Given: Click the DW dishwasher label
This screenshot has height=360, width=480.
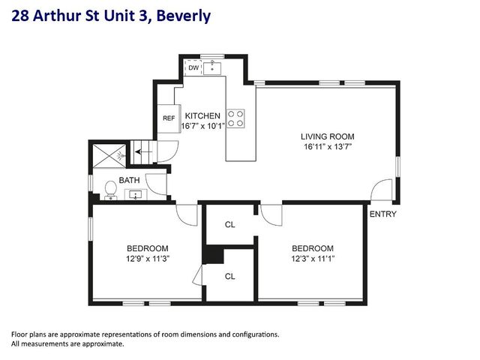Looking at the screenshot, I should tap(193, 68).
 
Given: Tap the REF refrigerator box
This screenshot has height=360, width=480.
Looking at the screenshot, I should tap(169, 118).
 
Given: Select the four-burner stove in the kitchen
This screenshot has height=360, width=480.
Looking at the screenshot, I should tap(235, 118).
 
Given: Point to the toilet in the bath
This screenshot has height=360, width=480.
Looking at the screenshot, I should tap(111, 189).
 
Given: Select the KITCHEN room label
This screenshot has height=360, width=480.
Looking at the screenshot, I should tap(202, 116).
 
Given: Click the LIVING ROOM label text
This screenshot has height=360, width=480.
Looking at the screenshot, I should tap(327, 136).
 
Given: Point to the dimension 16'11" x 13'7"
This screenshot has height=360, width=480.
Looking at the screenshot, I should tap(327, 147).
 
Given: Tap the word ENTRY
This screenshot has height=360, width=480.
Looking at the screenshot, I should tap(382, 214).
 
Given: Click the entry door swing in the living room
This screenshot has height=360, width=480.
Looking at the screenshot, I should tap(383, 190).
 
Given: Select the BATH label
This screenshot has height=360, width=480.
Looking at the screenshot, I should tap(129, 180).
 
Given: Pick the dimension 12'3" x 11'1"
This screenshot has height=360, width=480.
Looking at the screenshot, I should tap(312, 259).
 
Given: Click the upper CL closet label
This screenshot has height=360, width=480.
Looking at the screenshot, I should tap(230, 224).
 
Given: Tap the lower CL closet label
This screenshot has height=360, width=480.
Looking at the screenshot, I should tap(230, 276).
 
